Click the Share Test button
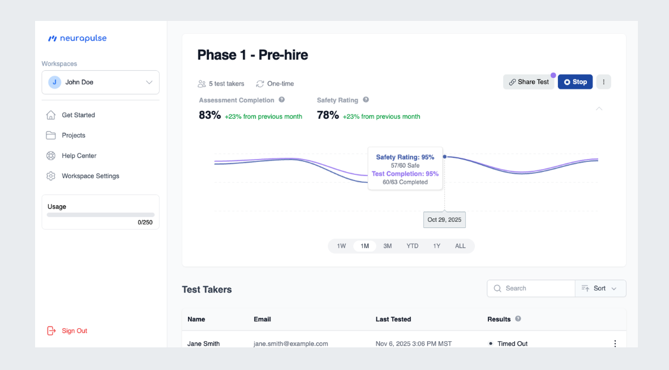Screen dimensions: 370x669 (x=529, y=82)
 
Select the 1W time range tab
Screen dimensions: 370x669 (x=341, y=246)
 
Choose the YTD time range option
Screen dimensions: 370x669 (x=412, y=246)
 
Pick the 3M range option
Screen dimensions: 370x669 (x=387, y=246)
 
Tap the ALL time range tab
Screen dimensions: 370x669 (x=460, y=246)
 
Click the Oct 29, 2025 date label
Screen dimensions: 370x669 (x=444, y=220)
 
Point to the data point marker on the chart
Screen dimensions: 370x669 (x=444, y=157)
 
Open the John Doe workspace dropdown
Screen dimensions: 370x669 (x=101, y=82)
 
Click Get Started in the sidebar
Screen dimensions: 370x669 (x=78, y=115)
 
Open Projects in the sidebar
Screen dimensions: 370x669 (x=74, y=135)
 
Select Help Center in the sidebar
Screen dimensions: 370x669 (x=79, y=156)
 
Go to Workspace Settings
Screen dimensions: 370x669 (x=91, y=176)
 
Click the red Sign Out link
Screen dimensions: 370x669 (x=74, y=331)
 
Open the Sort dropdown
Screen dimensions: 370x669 (x=601, y=289)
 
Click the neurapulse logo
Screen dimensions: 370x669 (x=77, y=38)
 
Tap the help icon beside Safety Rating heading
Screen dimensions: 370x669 (x=366, y=100)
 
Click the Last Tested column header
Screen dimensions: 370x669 (x=393, y=319)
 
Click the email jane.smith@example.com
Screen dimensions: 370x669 (x=290, y=343)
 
